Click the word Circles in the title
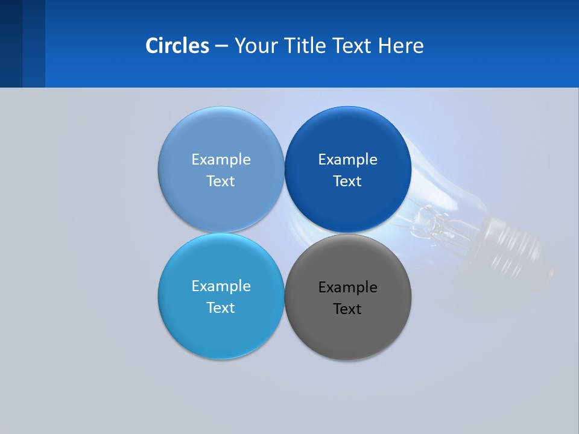(x=177, y=45)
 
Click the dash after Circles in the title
(x=221, y=46)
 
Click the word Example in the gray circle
(x=348, y=288)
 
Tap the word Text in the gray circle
(x=347, y=309)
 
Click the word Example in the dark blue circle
(x=348, y=160)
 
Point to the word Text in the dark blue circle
(x=347, y=181)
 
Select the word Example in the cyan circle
(x=221, y=286)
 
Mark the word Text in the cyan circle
(x=221, y=308)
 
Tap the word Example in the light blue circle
(x=221, y=160)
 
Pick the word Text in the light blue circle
(x=221, y=181)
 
